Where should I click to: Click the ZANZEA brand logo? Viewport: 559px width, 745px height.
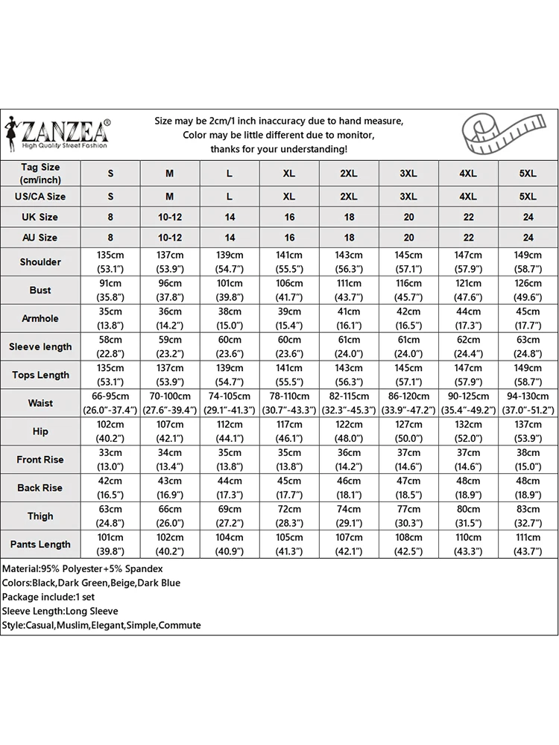pyautogui.click(x=57, y=133)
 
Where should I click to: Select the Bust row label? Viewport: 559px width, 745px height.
pyautogui.click(x=40, y=290)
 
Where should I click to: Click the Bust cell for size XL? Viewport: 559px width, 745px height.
pyautogui.click(x=289, y=290)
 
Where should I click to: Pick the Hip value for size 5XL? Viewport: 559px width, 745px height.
pyautogui.click(x=528, y=431)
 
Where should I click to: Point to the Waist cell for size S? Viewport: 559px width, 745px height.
pyautogui.click(x=110, y=403)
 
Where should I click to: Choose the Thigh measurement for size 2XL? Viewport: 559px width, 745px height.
pyautogui.click(x=349, y=516)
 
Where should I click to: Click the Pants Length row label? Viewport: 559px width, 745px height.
pyautogui.click(x=40, y=545)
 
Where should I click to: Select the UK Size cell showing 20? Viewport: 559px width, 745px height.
pyautogui.click(x=408, y=217)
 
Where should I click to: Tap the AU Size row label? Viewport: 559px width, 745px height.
pyautogui.click(x=40, y=238)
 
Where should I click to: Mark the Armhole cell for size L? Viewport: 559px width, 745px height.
pyautogui.click(x=230, y=318)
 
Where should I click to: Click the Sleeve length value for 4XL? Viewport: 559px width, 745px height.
pyautogui.click(x=468, y=346)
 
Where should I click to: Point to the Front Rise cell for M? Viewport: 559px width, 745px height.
pyautogui.click(x=170, y=460)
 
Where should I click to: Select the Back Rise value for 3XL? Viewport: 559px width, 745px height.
pyautogui.click(x=408, y=488)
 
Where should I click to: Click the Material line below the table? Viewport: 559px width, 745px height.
pyautogui.click(x=83, y=568)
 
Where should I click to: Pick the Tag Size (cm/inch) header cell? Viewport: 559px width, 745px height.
pyautogui.click(x=40, y=174)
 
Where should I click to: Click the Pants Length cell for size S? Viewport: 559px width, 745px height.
pyautogui.click(x=110, y=545)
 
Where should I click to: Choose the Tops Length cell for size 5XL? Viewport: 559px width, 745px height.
pyautogui.click(x=528, y=375)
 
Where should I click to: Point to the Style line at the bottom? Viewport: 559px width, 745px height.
pyautogui.click(x=101, y=625)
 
